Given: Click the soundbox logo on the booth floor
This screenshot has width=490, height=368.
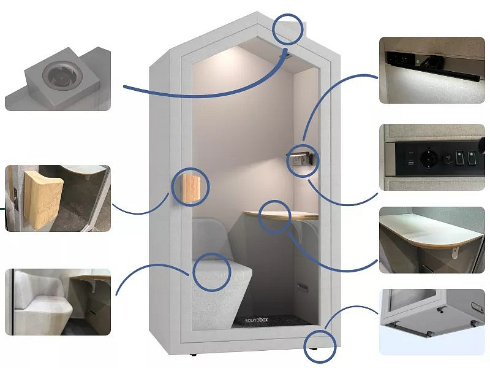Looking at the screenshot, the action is point(256,320).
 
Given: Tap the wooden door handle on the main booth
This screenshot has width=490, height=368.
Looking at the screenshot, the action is point(191,188).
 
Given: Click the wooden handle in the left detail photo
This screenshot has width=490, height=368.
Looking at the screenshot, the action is point(44,199).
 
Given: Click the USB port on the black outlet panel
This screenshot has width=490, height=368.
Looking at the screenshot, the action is point(411,163).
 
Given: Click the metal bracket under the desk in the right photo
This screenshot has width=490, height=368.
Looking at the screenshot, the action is point(455,253).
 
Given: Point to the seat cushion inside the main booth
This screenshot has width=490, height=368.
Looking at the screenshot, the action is point(222,269).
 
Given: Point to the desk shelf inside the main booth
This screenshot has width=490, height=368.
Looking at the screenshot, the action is point(281,215).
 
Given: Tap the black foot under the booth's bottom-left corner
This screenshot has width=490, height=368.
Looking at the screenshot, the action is point(193,355).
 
